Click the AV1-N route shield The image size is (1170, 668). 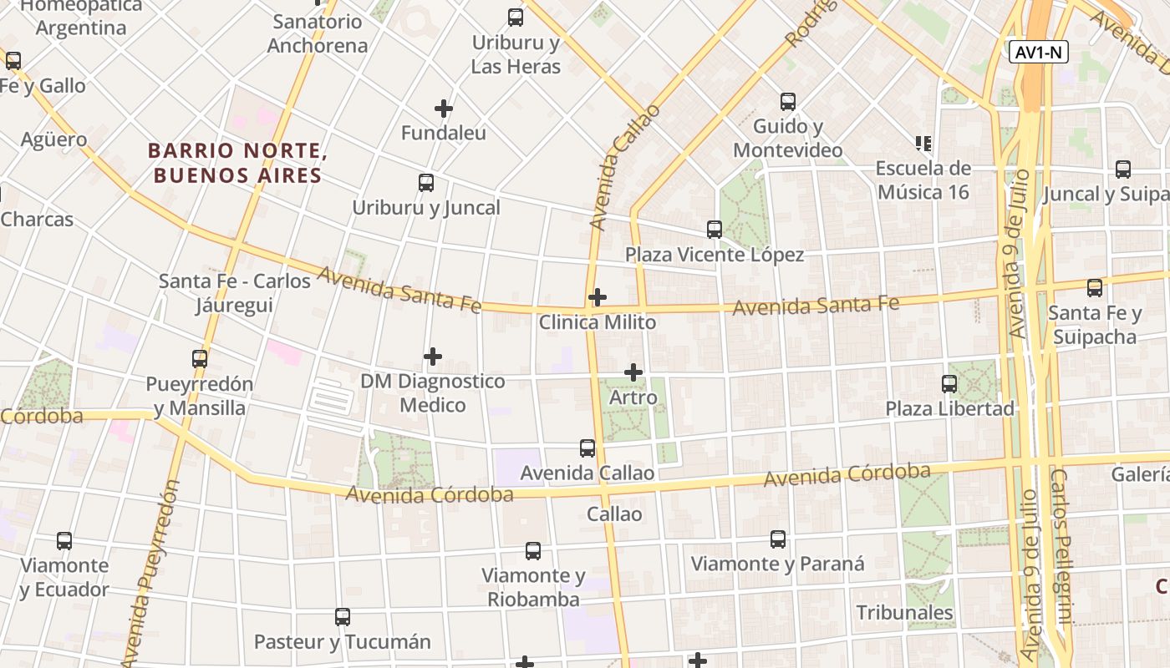tap(1039, 52)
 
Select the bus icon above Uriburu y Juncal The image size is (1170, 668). tap(426, 183)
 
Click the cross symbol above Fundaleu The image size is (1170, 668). tap(444, 109)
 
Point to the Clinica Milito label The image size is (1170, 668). tap(598, 322)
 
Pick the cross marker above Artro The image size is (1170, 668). tap(633, 372)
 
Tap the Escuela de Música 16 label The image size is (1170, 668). tap(923, 180)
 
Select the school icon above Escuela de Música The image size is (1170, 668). tap(923, 144)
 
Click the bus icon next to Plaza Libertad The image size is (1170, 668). tap(949, 384)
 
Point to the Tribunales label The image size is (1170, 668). tap(904, 613)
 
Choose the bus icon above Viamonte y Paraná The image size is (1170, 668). tap(778, 539)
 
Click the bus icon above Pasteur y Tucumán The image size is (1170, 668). tap(343, 617)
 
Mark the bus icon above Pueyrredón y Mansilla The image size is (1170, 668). tap(200, 359)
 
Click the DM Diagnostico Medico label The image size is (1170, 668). tap(433, 393)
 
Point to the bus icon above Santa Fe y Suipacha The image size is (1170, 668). tap(1095, 288)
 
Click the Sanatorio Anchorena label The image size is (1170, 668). tap(318, 33)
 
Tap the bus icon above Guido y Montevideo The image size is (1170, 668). tap(788, 102)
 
